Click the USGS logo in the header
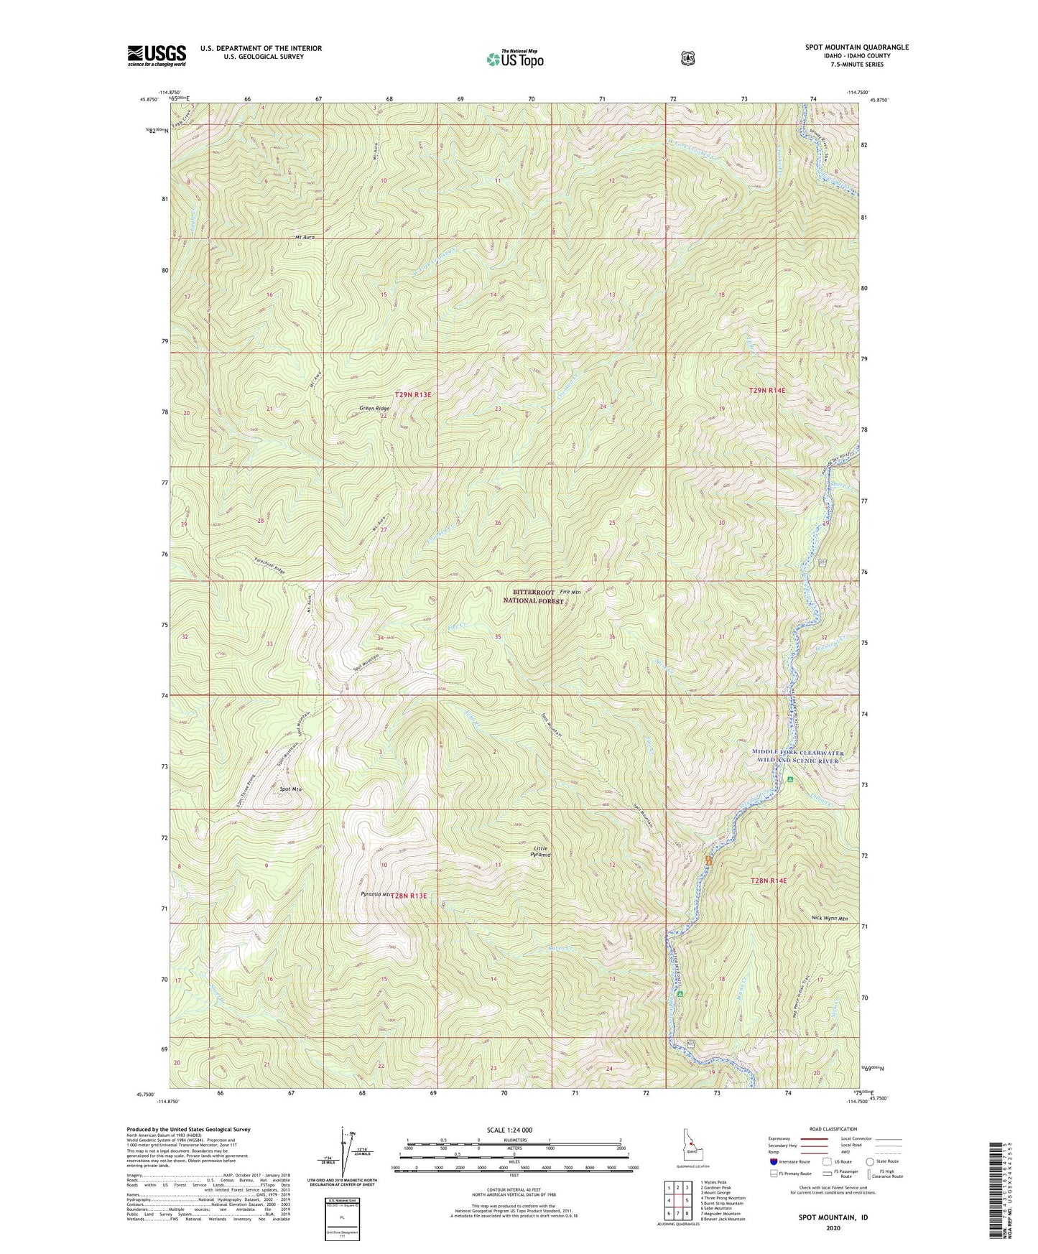pos(157,55)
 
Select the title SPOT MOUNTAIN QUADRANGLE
pos(856,47)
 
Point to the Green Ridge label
pos(374,409)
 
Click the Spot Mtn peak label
pos(290,789)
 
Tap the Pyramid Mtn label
pos(375,895)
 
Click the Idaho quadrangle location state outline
pos(691,1154)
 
